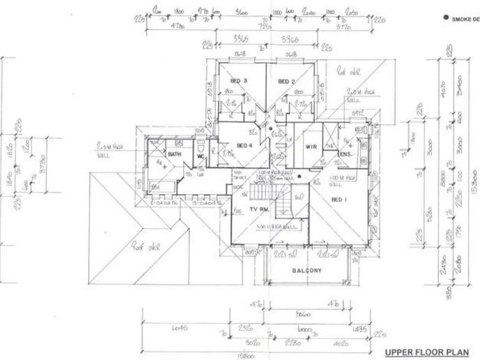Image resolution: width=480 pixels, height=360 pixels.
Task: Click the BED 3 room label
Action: click(x=238, y=81)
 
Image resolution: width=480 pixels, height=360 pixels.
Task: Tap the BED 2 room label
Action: click(x=287, y=81)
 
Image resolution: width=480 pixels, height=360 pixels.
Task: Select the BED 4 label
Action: click(x=245, y=145)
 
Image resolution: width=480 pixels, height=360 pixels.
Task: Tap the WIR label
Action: click(x=311, y=147)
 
